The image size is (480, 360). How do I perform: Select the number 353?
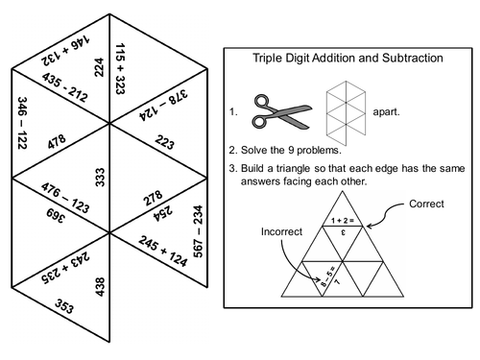click(62, 309)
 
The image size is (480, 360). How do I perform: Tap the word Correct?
click(427, 204)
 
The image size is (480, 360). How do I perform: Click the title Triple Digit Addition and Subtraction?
click(348, 59)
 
